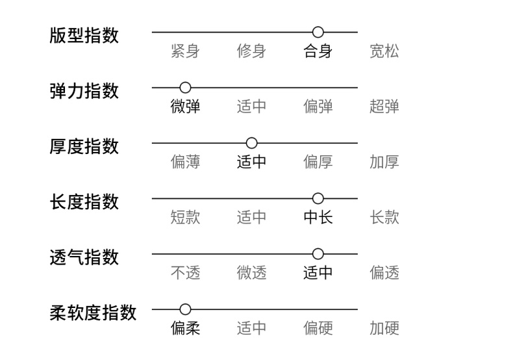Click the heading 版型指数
[x=84, y=35]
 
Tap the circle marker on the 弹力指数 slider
[x=185, y=87]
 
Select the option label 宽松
[x=384, y=51]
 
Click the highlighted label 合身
[x=318, y=51]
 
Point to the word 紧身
[x=185, y=51]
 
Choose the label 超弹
[x=384, y=107]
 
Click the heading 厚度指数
[x=84, y=146]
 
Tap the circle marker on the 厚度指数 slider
[x=252, y=143]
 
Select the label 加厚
[x=384, y=162]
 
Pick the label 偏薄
[x=185, y=162]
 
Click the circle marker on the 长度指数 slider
[x=318, y=198]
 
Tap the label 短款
[x=185, y=217]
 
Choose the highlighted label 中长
[x=318, y=217]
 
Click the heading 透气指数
[x=84, y=257]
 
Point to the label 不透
[x=185, y=272]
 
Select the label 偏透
[x=384, y=272]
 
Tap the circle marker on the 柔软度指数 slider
[x=185, y=309]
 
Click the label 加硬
[x=384, y=328]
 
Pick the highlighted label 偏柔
[x=185, y=328]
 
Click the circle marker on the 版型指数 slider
[x=318, y=32]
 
